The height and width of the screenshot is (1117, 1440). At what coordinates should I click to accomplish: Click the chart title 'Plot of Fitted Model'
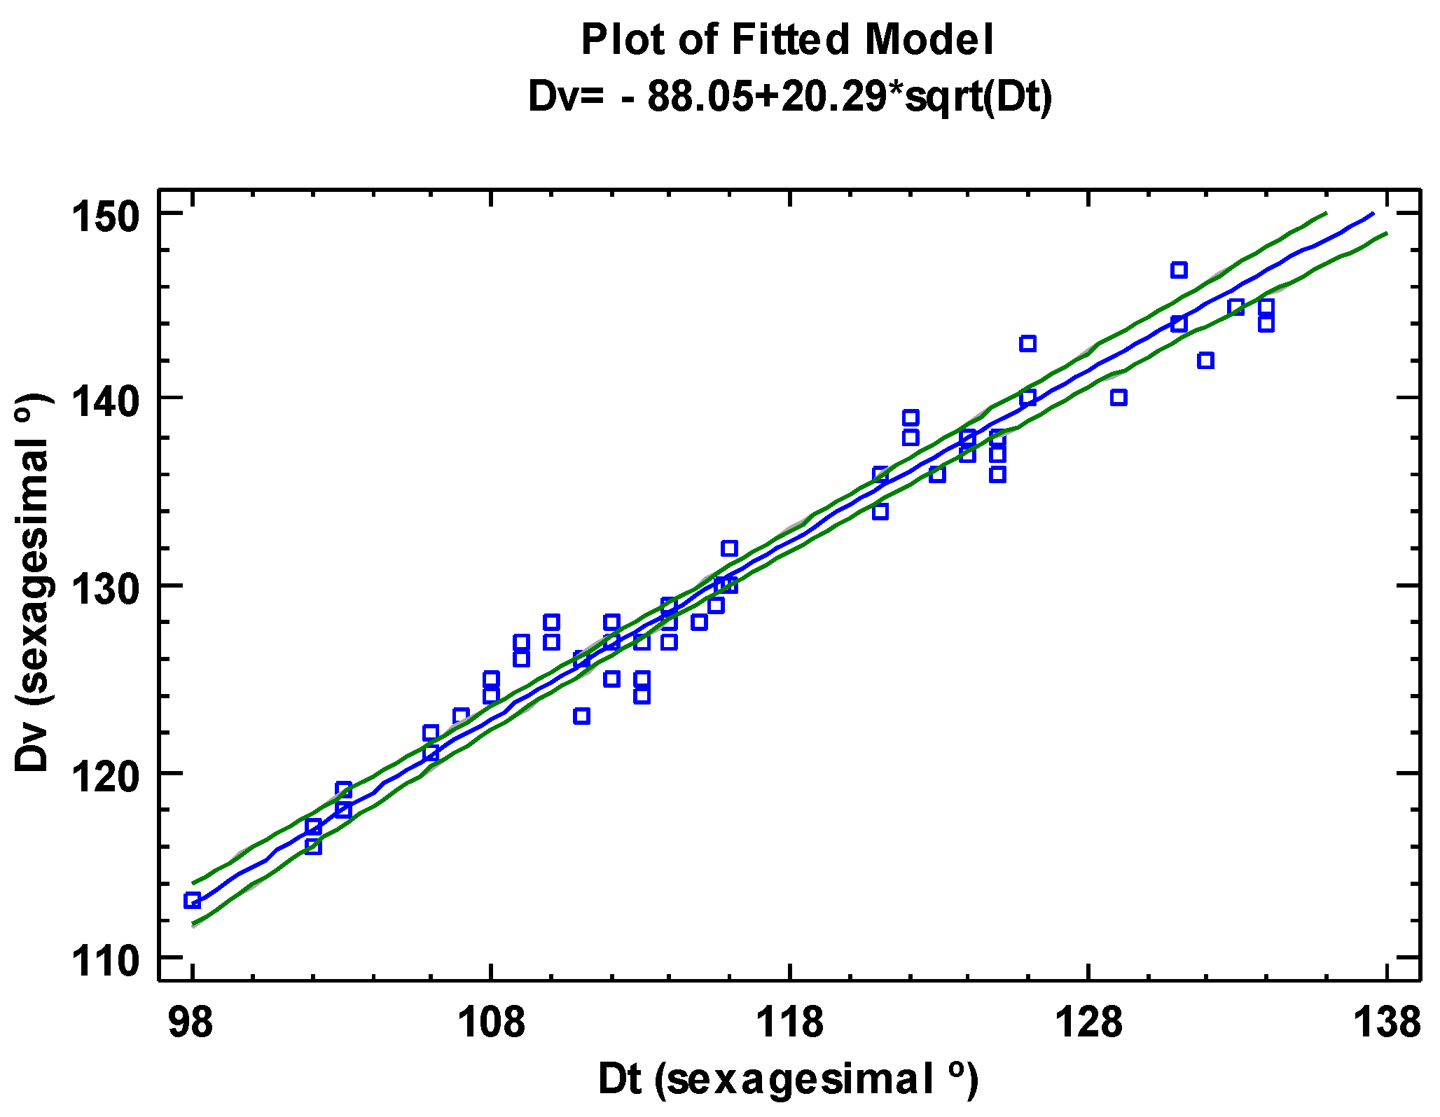coord(787,39)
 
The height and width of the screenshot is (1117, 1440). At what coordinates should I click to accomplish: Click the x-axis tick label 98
coord(191,1022)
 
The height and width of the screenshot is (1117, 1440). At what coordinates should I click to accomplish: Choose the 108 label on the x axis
coord(490,1022)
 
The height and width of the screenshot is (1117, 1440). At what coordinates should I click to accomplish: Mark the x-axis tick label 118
coord(790,1022)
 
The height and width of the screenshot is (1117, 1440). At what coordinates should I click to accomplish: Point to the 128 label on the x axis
coord(1088,1022)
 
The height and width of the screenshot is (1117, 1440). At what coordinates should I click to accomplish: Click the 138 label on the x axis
coord(1387,1022)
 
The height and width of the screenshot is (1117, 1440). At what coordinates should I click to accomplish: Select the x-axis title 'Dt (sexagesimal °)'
coord(787,1078)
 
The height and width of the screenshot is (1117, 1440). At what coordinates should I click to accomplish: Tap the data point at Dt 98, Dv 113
coord(193,901)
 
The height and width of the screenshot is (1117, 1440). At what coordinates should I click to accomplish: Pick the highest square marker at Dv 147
coord(1179,270)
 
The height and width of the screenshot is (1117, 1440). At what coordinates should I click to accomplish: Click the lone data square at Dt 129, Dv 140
coord(1119,398)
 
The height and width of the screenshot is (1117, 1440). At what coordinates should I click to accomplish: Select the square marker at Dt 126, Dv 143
coord(1027,344)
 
